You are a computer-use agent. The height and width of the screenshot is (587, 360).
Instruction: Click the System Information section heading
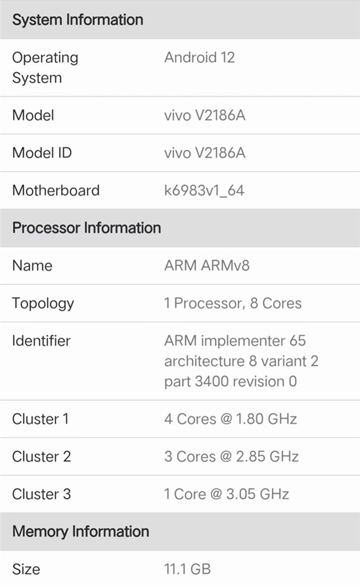[78, 20]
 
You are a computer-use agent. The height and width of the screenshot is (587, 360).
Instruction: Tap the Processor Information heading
[87, 228]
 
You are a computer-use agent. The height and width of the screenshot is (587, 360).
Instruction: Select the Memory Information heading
[81, 532]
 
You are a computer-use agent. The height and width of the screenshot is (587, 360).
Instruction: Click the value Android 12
[199, 58]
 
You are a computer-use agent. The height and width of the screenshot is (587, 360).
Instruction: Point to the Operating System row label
[45, 68]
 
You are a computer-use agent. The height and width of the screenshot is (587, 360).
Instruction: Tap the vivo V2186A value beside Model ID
[205, 152]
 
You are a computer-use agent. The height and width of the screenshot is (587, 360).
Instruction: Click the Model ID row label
[42, 152]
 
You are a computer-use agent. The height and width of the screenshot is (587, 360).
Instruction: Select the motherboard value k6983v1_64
[205, 190]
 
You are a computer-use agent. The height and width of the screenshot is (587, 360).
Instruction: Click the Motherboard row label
[56, 190]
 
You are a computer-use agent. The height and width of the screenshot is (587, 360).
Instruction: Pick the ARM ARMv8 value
[207, 265]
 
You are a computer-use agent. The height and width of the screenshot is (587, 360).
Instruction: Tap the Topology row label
[43, 304]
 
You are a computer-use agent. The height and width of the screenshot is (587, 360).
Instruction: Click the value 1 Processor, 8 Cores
[233, 303]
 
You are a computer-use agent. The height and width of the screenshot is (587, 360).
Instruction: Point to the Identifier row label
[41, 341]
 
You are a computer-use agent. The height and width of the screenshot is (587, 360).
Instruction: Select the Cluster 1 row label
[40, 419]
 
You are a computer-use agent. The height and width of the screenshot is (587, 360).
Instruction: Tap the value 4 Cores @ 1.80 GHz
[230, 419]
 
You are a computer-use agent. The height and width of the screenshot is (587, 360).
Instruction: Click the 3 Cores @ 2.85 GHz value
[231, 457]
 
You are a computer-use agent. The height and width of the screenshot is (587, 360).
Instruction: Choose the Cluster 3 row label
[41, 494]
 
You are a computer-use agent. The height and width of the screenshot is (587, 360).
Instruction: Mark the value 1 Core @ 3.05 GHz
[226, 494]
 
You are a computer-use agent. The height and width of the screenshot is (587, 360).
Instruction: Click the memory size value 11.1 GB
[187, 569]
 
